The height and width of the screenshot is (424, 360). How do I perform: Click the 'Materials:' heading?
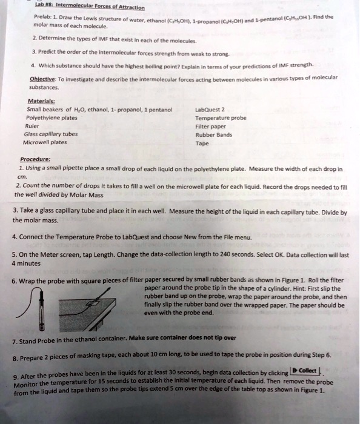click(x=43, y=102)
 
